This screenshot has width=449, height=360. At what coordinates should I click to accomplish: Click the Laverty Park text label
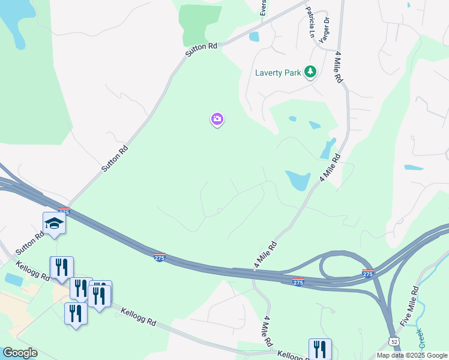click(x=277, y=73)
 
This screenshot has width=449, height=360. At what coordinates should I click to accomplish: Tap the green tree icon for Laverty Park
click(x=310, y=73)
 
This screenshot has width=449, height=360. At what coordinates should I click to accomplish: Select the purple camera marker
click(x=217, y=119)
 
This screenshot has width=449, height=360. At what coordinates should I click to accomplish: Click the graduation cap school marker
click(x=54, y=223)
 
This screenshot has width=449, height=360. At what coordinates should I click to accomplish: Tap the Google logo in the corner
click(x=19, y=353)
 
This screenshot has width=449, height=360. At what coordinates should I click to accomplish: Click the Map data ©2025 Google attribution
click(x=411, y=355)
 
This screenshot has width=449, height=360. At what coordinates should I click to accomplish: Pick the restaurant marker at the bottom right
click(x=320, y=349)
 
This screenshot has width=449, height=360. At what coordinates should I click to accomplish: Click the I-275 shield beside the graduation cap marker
click(x=64, y=211)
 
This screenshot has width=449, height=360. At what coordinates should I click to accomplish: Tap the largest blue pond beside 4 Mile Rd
click(x=297, y=179)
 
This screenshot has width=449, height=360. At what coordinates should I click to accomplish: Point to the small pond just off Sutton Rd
click(x=254, y=37)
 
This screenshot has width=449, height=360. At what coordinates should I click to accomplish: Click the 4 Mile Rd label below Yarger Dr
click(x=339, y=66)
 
